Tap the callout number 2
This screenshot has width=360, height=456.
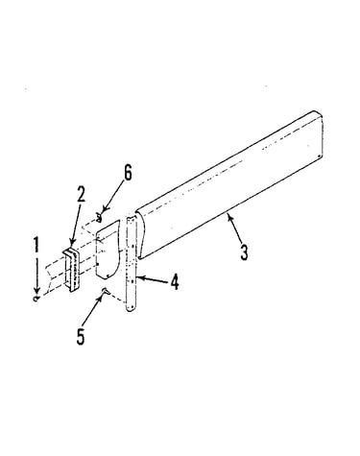(82, 194)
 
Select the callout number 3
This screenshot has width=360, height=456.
(245, 252)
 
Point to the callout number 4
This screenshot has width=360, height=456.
(175, 282)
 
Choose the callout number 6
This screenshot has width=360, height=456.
(128, 174)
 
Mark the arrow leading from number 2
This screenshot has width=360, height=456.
(76, 227)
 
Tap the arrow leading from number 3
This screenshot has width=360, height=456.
(235, 228)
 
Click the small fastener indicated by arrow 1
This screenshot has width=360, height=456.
(36, 299)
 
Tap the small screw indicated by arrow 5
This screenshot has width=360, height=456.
(106, 291)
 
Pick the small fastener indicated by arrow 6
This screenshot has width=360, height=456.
(99, 218)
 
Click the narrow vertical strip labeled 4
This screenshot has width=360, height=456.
(132, 263)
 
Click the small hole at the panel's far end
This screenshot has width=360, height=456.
(320, 156)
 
